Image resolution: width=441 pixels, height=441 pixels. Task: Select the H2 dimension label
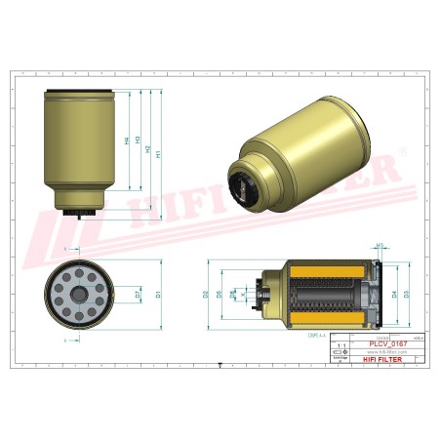click(x=148, y=150)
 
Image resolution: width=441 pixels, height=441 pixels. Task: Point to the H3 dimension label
click(x=138, y=140)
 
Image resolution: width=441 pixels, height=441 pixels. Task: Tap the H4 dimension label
click(x=127, y=140)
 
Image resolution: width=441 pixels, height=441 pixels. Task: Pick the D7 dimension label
click(x=138, y=293)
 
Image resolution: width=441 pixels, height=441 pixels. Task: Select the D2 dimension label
click(x=205, y=293)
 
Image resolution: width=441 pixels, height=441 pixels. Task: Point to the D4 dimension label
click(x=394, y=293)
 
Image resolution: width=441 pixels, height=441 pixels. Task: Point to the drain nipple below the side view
click(x=77, y=220)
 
